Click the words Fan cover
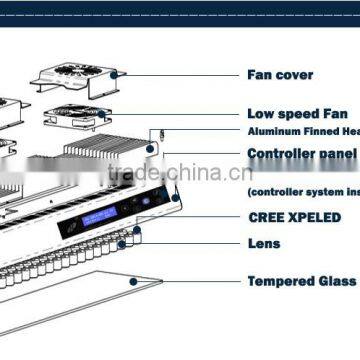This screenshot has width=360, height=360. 280,75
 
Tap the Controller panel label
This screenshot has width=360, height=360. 302,155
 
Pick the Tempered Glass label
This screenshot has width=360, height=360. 299,281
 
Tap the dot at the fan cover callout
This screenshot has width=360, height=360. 117,73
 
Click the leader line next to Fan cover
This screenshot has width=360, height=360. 180,74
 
